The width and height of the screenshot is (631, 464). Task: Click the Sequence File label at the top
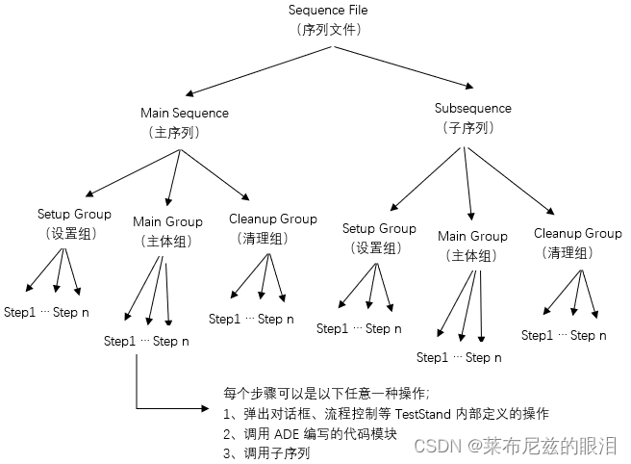coord(328,10)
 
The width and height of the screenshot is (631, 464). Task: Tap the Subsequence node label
coord(473,109)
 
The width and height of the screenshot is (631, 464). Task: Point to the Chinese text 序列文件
coord(328,29)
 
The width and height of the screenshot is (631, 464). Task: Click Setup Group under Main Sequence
coord(74,214)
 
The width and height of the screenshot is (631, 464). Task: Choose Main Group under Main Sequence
coord(167,221)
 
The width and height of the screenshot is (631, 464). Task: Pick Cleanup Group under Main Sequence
coord(273,219)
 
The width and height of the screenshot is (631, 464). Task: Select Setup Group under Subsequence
coord(379,229)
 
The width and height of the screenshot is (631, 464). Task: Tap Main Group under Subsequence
coord(472,236)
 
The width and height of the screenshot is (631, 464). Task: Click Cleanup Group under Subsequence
coord(577,233)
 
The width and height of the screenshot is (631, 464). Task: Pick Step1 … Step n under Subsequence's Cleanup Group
coord(564,336)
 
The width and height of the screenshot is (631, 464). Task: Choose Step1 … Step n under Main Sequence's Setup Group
coord(47,312)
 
